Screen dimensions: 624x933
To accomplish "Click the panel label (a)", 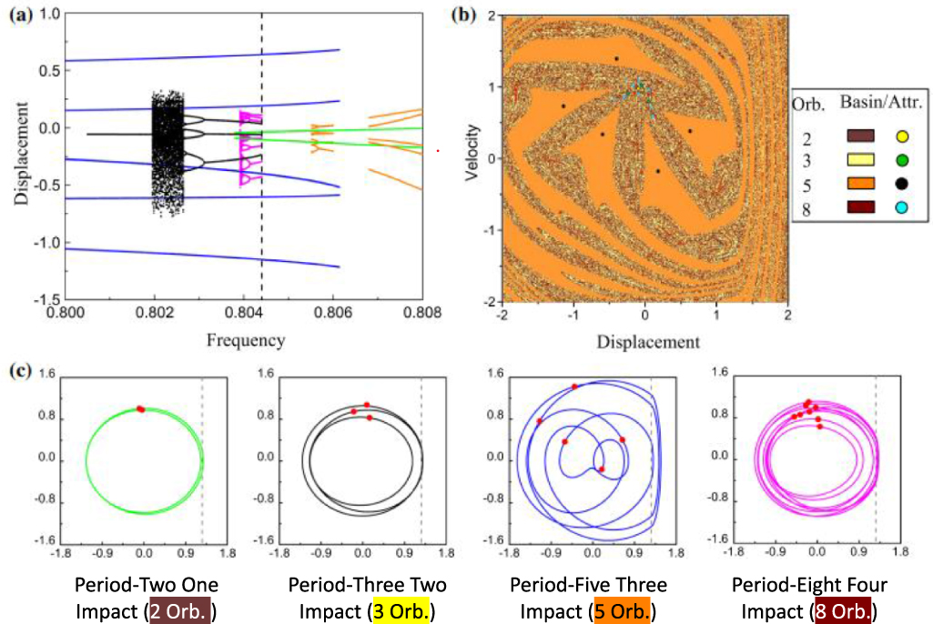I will click(x=18, y=15).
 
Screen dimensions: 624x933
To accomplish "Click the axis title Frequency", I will click(x=244, y=341).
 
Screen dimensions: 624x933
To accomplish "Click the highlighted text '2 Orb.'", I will click(x=180, y=609).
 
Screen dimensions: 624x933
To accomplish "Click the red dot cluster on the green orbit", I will click(x=141, y=409).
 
